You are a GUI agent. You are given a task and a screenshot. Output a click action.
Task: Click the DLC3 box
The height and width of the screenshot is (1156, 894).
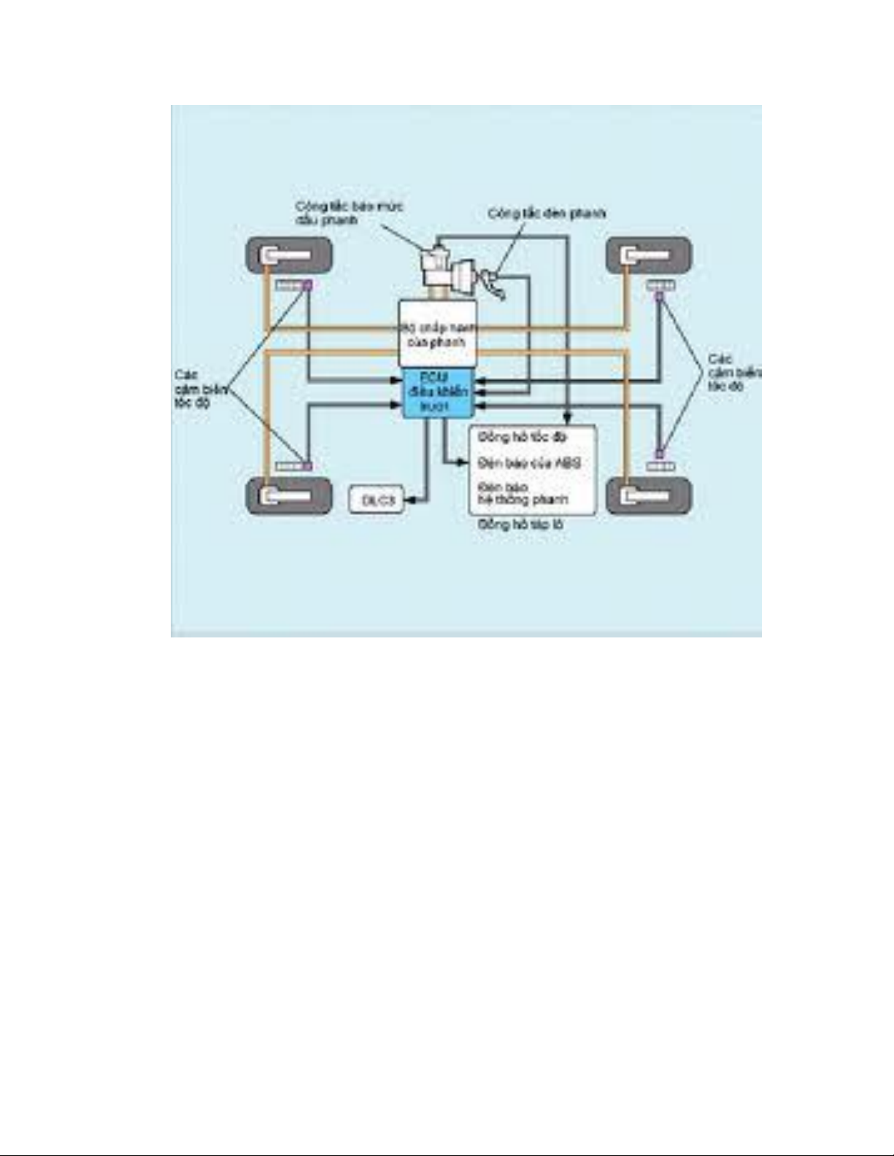[377, 500]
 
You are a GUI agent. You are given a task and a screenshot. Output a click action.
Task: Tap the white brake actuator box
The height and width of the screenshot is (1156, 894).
[437, 334]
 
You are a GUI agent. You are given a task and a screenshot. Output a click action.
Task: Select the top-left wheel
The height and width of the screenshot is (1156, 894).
[289, 255]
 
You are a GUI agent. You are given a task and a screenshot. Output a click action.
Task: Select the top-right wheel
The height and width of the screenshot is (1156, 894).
[649, 255]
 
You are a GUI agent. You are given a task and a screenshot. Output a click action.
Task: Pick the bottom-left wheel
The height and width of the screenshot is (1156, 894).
[289, 495]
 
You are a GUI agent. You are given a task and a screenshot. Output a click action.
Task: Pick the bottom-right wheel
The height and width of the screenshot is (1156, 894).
[649, 495]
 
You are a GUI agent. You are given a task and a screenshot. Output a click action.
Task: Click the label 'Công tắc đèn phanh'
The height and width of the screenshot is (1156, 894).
[547, 214]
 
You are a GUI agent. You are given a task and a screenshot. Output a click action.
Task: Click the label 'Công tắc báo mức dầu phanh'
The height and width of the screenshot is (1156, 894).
[349, 213]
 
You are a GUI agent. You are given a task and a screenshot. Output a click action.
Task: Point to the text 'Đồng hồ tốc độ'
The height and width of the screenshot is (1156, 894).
[522, 437]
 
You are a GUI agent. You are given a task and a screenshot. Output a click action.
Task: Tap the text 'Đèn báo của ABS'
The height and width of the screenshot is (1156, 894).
[529, 463]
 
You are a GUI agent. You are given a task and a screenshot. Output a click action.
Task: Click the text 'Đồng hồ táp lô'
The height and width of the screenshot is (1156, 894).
[520, 524]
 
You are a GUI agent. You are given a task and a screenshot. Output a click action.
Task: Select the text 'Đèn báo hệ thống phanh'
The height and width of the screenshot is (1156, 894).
[523, 494]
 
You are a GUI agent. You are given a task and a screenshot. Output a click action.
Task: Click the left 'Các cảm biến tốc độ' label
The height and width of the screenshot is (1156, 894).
[193, 389]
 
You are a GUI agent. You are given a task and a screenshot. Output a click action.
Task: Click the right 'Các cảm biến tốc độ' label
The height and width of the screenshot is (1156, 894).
[732, 373]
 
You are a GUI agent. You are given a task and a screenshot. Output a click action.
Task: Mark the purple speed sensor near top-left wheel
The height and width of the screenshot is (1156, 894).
[307, 285]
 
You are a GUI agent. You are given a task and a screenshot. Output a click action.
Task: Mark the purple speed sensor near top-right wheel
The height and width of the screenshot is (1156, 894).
[660, 296]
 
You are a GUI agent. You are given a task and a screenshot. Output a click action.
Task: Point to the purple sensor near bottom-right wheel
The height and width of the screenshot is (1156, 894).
[660, 454]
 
